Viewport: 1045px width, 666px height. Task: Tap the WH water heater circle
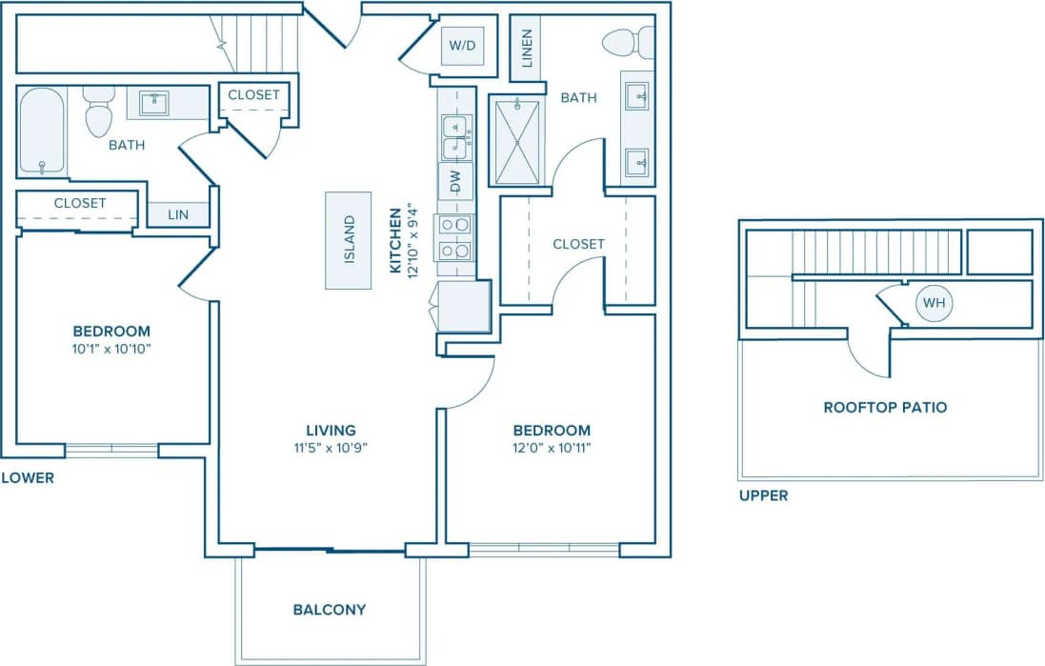[x=934, y=303]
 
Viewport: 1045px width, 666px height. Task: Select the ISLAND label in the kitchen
[x=349, y=240]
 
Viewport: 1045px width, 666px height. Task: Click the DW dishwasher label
[x=455, y=181]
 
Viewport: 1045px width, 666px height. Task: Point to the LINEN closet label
[x=526, y=50]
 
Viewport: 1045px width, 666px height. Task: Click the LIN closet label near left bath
[x=178, y=215]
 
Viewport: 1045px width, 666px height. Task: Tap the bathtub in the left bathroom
[x=42, y=131]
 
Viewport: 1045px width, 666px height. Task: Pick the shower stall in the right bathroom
[x=517, y=141]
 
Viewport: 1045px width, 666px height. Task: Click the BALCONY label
[x=330, y=610]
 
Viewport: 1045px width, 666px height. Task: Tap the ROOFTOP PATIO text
[x=885, y=407]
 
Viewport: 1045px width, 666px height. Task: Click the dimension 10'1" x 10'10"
[x=111, y=349]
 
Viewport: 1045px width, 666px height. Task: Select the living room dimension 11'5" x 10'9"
[x=331, y=448]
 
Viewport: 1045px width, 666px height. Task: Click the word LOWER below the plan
[x=28, y=477]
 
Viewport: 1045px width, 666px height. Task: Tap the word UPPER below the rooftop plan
[x=763, y=495]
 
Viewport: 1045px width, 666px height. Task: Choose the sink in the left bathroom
[x=153, y=103]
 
